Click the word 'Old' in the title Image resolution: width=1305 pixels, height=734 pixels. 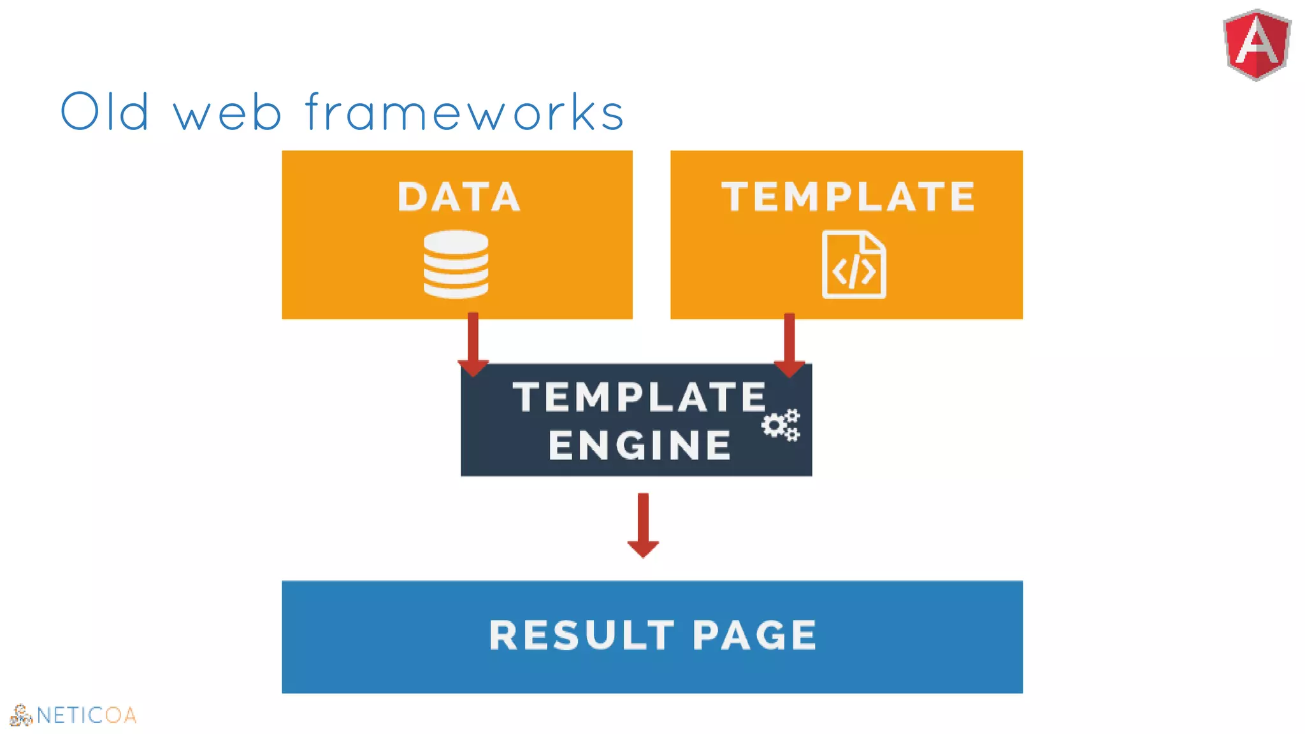[x=105, y=112]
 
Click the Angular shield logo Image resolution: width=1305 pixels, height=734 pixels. [x=1257, y=45]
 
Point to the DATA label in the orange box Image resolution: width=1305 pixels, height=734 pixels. [x=459, y=196]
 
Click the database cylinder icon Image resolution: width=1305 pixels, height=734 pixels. [x=456, y=264]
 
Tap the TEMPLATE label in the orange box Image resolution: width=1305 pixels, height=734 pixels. [x=848, y=196]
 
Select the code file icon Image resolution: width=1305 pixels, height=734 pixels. [x=854, y=264]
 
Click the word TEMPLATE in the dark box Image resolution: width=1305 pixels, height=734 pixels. [x=640, y=397]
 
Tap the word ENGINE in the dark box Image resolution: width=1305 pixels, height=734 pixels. [x=640, y=445]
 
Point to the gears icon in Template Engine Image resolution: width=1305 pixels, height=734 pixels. [x=781, y=425]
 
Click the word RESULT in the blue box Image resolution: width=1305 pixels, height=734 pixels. [x=581, y=635]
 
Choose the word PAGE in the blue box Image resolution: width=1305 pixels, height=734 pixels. [x=754, y=635]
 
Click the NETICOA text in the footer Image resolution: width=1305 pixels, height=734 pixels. [x=87, y=716]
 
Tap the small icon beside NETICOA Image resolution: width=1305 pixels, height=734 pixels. [x=20, y=716]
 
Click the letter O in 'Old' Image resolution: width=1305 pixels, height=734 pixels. [x=81, y=112]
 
